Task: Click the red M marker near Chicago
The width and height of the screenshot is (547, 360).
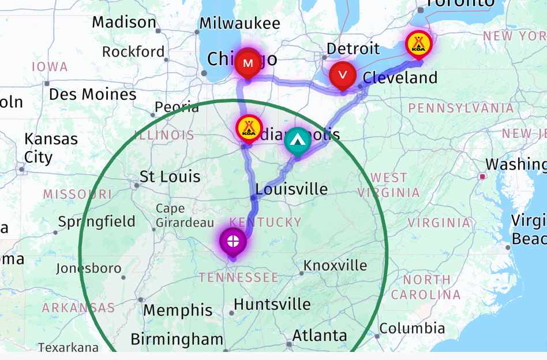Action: click(248, 63)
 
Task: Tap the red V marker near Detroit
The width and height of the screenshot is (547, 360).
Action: click(343, 74)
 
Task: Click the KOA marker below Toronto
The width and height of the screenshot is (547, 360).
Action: click(418, 44)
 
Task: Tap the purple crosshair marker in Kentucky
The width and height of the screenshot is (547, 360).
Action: click(233, 241)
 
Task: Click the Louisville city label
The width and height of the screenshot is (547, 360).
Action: click(291, 189)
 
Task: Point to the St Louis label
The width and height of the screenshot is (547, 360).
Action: click(170, 177)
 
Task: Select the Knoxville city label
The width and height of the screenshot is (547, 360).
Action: click(335, 265)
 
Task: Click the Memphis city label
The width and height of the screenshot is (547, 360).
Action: click(178, 310)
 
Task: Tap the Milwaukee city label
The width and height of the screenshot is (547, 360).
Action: click(239, 24)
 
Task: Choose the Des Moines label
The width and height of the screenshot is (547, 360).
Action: click(92, 94)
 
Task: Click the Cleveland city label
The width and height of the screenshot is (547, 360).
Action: click(400, 77)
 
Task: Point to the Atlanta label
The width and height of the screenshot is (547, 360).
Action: click(320, 335)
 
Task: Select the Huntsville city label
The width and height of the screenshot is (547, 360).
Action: click(272, 305)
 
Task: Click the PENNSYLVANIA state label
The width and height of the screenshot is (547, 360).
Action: click(460, 108)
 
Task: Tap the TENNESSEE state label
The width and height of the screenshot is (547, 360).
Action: click(239, 277)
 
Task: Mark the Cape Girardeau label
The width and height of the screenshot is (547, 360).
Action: click(178, 215)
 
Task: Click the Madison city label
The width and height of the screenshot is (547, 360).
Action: click(124, 22)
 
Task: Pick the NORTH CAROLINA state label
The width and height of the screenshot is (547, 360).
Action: click(426, 287)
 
